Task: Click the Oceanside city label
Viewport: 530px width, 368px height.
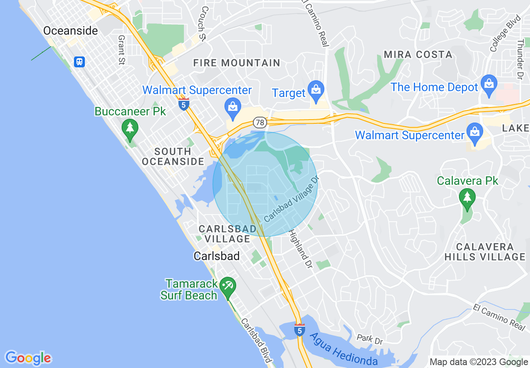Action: point(71,31)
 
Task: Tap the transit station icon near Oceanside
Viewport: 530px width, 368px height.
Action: point(79,62)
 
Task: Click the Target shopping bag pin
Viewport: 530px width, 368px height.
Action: point(316,89)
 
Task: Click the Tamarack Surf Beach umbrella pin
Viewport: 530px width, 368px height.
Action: point(228,287)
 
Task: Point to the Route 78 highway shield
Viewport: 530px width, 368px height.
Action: point(260,123)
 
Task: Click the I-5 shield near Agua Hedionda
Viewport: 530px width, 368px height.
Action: point(299,330)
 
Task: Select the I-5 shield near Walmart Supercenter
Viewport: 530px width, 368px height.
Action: point(183,104)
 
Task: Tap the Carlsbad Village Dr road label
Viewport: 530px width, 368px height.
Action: point(291,199)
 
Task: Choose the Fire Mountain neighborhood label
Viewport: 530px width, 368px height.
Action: point(237,63)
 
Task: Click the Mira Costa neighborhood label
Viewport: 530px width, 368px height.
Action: point(418,55)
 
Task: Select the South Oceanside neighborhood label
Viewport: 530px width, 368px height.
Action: point(173,156)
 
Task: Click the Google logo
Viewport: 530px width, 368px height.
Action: point(28,358)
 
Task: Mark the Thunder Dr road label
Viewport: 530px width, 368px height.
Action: point(520,59)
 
